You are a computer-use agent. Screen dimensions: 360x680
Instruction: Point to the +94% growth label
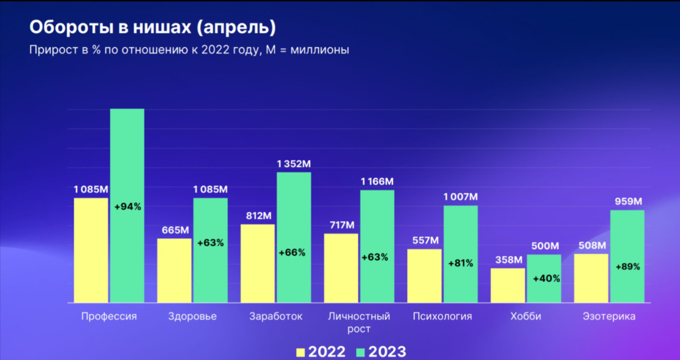128,206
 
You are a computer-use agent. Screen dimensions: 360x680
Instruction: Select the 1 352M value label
294,164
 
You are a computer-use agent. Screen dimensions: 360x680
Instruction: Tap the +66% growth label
292,252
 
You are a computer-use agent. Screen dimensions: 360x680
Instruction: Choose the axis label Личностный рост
359,323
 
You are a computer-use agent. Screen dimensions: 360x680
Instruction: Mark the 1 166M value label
377,182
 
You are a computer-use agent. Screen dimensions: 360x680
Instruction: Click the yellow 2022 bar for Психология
425,276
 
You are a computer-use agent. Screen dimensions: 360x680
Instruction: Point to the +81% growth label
461,263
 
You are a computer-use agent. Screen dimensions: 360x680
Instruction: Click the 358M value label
508,260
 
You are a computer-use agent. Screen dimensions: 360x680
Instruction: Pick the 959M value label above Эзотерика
628,202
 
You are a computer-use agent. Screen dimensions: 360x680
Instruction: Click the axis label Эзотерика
609,316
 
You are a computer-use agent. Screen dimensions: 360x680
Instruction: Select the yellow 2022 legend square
300,352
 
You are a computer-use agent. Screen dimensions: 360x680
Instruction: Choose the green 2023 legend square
361,352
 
